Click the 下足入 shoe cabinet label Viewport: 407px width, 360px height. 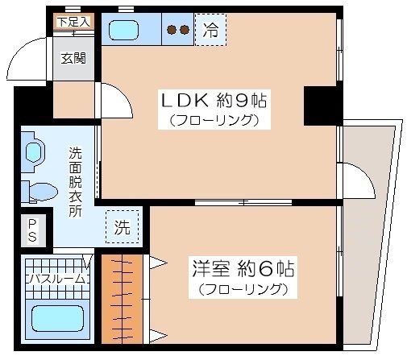click(x=74, y=22)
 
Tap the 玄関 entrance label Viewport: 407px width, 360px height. click(x=73, y=58)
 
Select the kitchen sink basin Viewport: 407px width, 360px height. click(x=123, y=31)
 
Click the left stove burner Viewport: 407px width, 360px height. click(x=171, y=30)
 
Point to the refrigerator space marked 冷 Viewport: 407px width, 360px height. click(x=210, y=30)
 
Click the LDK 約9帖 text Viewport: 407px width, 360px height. click(x=214, y=100)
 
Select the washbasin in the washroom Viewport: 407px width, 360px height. click(x=34, y=152)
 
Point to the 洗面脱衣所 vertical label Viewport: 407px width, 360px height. click(x=75, y=182)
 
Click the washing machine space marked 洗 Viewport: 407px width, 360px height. click(x=123, y=227)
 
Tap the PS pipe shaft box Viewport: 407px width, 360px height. click(x=33, y=230)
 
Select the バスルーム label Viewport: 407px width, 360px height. click(x=57, y=279)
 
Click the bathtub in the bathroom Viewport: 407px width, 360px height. click(x=57, y=319)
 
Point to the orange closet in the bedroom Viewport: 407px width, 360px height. click(x=123, y=299)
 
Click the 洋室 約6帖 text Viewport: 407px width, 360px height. click(x=243, y=269)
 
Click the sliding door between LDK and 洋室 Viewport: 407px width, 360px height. click(x=243, y=202)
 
